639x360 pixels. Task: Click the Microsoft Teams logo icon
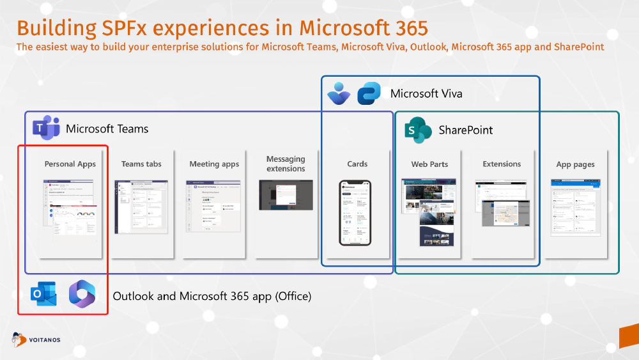46,129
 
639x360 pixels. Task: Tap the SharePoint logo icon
419,130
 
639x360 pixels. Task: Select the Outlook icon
43,295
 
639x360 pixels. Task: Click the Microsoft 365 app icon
81,294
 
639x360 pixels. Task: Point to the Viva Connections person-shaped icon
338,93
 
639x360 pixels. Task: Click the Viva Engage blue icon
369,93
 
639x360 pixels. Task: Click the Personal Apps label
70,164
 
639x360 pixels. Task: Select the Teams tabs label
141,164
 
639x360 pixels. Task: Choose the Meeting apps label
214,164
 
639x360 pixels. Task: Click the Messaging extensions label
286,164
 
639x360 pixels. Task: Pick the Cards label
357,164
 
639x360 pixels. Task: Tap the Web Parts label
429,164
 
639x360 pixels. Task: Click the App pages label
575,165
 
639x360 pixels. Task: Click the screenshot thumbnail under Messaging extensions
286,195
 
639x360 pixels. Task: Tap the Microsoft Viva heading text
426,94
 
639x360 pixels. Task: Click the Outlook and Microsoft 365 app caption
212,296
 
